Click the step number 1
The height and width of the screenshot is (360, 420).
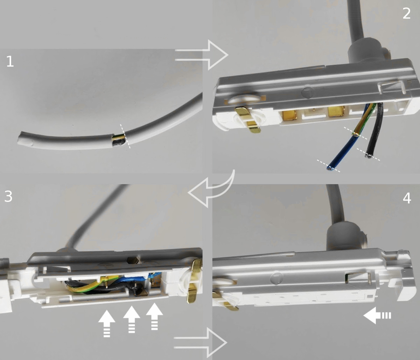(10, 61)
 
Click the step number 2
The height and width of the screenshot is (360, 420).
(406, 14)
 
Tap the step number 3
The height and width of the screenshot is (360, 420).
(8, 196)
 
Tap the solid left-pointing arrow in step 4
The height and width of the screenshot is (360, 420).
(377, 316)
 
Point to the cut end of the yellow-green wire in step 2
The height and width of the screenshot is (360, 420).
(355, 134)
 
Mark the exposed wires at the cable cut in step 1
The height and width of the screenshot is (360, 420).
(118, 140)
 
